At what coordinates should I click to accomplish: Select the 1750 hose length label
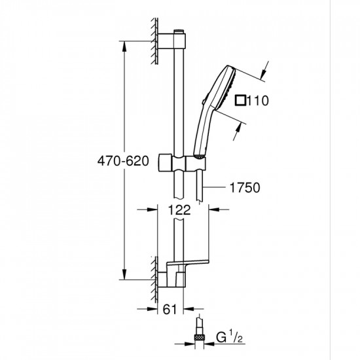(x=246, y=187)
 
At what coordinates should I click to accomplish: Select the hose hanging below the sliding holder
(x=204, y=187)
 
